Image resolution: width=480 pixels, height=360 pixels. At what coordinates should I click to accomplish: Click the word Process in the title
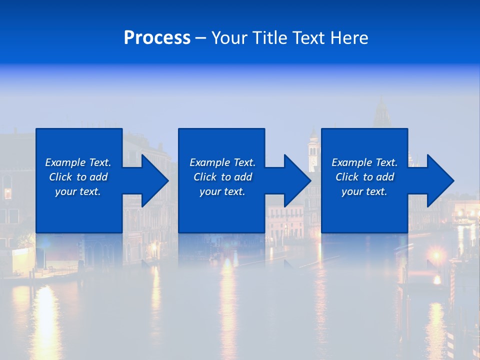pos(157,38)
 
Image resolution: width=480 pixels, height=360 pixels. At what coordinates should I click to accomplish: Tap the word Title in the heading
pos(270,38)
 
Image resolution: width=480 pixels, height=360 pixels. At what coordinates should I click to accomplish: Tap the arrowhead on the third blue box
pos(437,180)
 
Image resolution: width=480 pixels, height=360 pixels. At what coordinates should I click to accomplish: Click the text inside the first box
pos(78,177)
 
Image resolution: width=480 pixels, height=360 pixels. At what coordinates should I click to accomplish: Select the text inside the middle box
pos(222,177)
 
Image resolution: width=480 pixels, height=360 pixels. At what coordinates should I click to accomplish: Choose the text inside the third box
pos(364,177)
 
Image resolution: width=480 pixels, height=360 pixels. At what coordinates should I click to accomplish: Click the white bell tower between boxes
pos(313,150)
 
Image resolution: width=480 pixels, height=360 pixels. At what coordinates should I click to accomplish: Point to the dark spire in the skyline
pos(382,112)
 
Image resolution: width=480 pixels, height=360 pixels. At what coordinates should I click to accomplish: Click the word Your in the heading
pos(229,38)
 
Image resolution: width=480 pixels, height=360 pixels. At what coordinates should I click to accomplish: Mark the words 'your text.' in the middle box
pos(222,191)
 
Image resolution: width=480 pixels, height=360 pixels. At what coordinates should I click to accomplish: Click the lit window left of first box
pos(7,193)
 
